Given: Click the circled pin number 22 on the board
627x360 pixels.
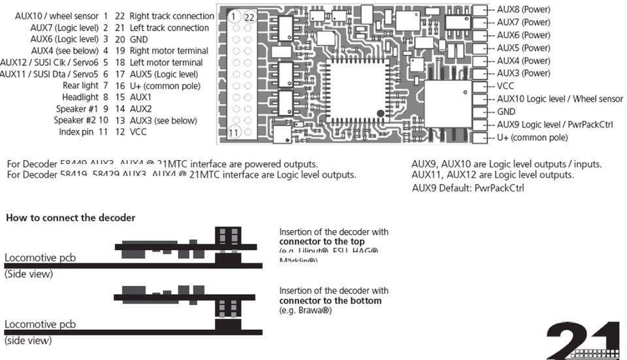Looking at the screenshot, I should tap(249, 16).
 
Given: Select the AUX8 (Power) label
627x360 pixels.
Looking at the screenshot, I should tap(523, 10).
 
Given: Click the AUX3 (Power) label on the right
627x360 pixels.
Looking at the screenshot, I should tap(523, 73).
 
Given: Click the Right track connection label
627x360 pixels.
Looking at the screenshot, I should tap(172, 16).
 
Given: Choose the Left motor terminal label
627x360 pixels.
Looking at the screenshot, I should tap(166, 63).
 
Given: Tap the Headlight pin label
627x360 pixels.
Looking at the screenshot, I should tap(81, 97).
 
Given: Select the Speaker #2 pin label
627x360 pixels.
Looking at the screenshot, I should tap(82, 120).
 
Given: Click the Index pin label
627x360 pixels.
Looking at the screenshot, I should tap(84, 132).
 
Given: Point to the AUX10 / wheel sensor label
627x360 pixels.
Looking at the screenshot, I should tap(57, 16).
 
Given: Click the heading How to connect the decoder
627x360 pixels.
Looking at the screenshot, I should tap(71, 218).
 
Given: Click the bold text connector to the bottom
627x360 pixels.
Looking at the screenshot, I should tap(330, 301).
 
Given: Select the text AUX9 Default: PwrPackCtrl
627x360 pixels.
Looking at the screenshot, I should tap(468, 188).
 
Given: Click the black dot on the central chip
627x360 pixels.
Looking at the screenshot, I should tap(380, 115).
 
